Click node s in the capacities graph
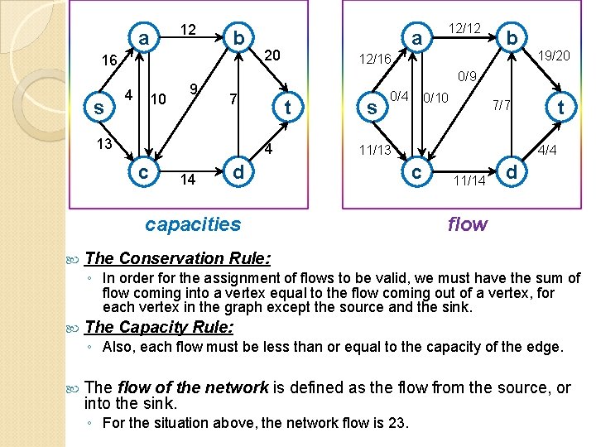click(99, 108)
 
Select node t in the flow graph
click(560, 107)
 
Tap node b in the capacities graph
click(238, 38)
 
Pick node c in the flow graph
click(417, 172)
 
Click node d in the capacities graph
click(238, 173)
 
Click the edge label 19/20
click(553, 56)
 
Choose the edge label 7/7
click(502, 106)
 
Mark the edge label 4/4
click(547, 151)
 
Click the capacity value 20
click(273, 55)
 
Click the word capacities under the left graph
click(193, 223)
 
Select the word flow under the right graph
click(468, 223)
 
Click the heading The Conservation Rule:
click(177, 258)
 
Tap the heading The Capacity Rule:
click(160, 326)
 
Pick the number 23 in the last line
click(397, 423)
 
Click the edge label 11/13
click(376, 150)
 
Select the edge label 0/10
click(435, 98)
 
